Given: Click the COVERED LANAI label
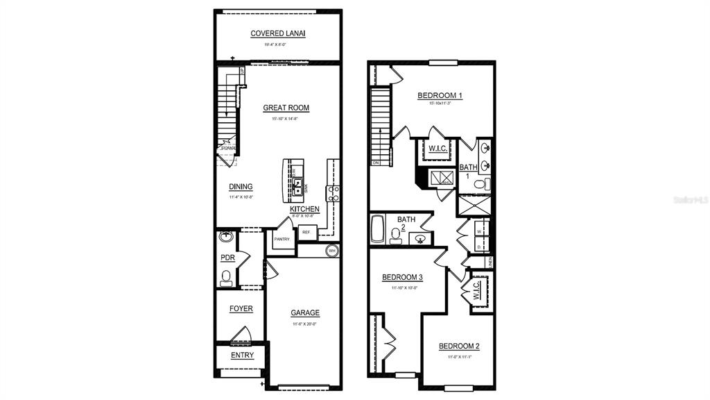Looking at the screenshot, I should [x=278, y=33].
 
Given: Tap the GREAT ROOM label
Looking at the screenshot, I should [x=286, y=108].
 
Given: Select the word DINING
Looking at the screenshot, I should [x=241, y=187].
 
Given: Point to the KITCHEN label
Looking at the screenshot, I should [x=304, y=209].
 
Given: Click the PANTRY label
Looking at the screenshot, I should [x=282, y=239].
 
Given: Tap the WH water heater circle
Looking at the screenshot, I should [x=331, y=251].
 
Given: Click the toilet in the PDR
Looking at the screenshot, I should [x=225, y=279].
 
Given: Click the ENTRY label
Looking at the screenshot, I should [x=242, y=356].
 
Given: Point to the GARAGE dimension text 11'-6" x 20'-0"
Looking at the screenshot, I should [x=304, y=324].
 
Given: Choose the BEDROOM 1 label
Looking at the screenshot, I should [x=440, y=95].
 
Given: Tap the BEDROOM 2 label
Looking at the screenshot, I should [x=459, y=347].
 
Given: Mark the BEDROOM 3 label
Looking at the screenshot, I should [x=402, y=277].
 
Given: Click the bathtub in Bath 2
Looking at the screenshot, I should [x=378, y=230].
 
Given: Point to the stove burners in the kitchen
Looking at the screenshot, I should [x=333, y=193].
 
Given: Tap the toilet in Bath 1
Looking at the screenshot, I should [x=485, y=185].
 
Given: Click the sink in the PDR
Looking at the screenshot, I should [x=225, y=237].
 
